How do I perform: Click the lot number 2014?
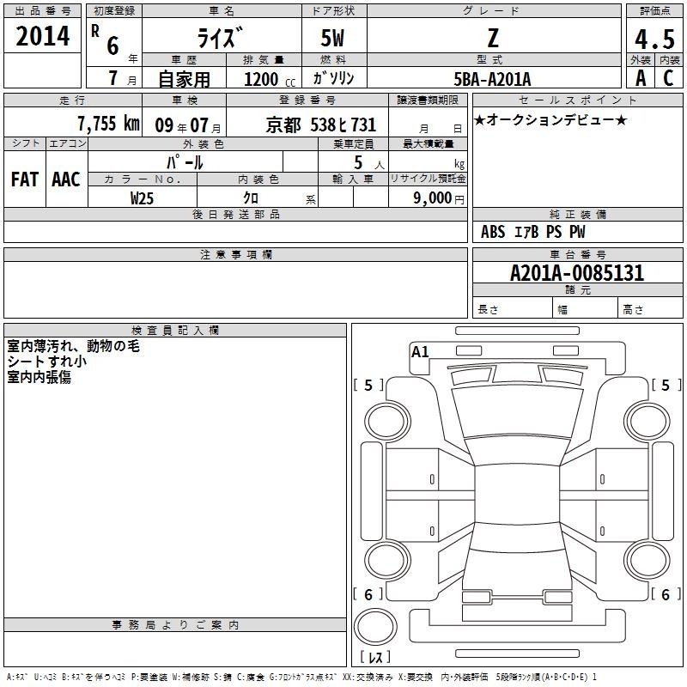point(42,36)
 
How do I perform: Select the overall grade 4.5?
point(654,39)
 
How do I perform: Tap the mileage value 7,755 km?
point(108,124)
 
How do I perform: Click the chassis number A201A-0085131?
point(577,273)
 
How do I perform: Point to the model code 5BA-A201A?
point(492,79)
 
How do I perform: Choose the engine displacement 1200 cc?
point(270,79)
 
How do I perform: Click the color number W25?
point(142,198)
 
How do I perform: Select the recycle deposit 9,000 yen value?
point(439,198)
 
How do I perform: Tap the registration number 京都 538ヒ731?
point(320,125)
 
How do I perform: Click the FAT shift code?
point(25,179)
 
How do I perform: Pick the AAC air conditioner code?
point(66,179)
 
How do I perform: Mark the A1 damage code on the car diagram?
point(420,352)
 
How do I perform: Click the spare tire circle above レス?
point(375,627)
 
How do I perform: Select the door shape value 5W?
point(332,38)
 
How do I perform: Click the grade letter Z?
point(493,38)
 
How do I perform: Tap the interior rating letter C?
point(668,78)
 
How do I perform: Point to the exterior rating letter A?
point(641,78)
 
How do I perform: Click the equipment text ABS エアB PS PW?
point(532,232)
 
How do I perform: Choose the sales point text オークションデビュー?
point(550,119)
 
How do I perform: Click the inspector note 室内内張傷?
point(39,377)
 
